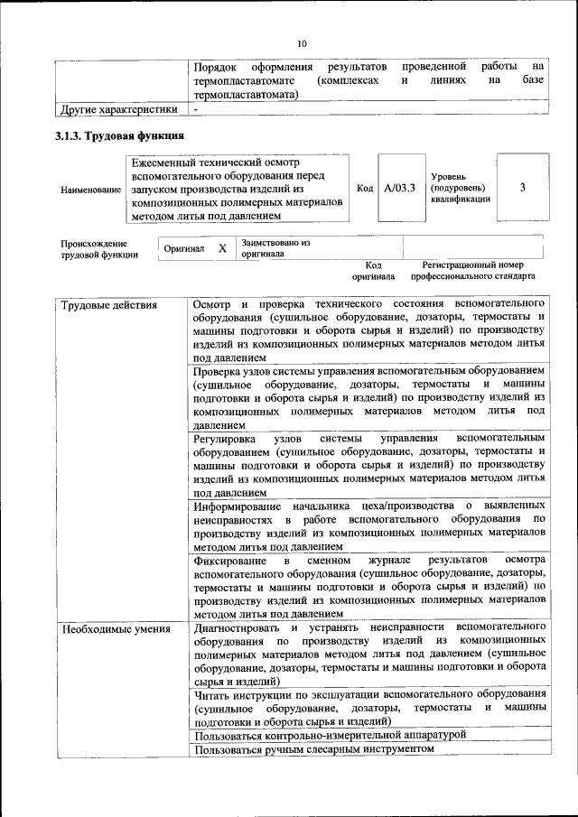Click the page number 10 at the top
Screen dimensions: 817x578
click(302, 43)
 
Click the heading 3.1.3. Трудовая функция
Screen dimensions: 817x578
click(121, 136)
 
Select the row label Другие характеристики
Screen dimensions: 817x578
click(117, 110)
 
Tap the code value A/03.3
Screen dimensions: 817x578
click(398, 189)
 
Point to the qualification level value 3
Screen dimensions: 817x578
click(523, 188)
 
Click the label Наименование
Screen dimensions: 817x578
click(90, 190)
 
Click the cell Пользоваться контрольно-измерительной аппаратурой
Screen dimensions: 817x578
click(329, 735)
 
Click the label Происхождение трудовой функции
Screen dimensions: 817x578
click(99, 248)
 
